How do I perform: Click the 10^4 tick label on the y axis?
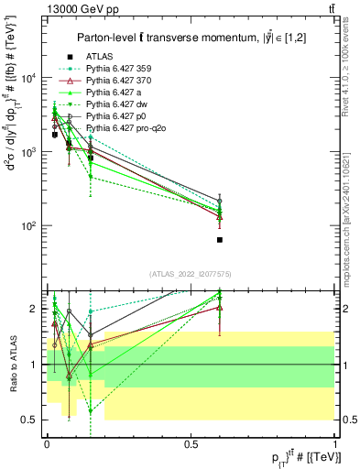(30, 78)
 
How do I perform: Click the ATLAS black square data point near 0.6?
(220, 240)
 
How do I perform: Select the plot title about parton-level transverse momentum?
(191, 37)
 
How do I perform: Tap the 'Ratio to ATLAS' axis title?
(13, 364)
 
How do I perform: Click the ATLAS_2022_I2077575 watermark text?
(191, 274)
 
